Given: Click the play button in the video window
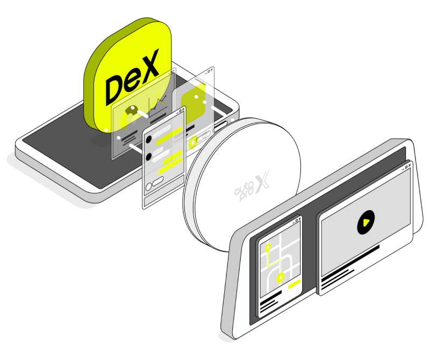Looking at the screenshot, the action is click(x=366, y=222).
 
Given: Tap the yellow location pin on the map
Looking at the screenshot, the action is click(x=268, y=248).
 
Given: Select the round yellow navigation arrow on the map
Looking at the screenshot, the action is click(x=280, y=278).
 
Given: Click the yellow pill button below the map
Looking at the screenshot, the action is click(x=294, y=284).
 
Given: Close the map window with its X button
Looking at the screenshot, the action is click(x=299, y=219).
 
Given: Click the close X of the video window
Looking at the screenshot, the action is click(x=409, y=165).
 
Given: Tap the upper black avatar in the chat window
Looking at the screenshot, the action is click(x=149, y=139).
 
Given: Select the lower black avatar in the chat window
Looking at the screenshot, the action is click(x=149, y=157).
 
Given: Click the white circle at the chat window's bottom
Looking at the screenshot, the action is click(x=148, y=187).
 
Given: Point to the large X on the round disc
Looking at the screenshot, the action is click(x=262, y=182).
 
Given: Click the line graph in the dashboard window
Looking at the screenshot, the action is click(x=159, y=102).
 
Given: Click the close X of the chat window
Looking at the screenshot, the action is click(x=183, y=109).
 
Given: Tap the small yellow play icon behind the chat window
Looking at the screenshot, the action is click(x=193, y=142).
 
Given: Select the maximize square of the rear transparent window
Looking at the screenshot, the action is click(x=209, y=71).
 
